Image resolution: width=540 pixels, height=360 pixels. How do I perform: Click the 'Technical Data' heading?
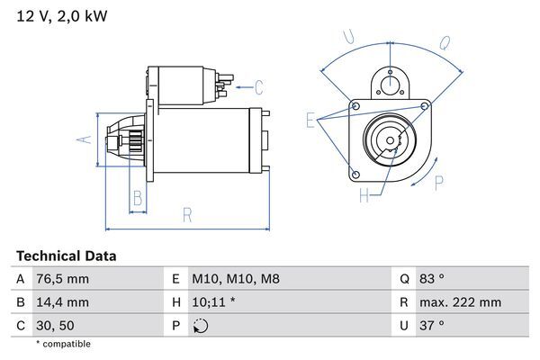66,256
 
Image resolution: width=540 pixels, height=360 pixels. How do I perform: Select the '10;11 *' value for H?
214,302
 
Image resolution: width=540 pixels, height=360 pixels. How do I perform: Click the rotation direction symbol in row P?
200,326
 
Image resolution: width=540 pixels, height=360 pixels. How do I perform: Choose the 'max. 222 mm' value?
463,302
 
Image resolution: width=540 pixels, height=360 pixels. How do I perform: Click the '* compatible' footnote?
63,344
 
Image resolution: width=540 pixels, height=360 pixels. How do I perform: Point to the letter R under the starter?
186,215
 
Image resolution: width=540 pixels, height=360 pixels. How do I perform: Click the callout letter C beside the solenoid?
258,87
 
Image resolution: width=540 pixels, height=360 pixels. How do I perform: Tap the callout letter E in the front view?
310,120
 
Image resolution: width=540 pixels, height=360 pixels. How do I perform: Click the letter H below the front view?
364,195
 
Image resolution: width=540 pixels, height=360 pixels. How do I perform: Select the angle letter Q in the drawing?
445,42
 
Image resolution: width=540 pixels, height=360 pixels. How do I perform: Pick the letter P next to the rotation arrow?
440,183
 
